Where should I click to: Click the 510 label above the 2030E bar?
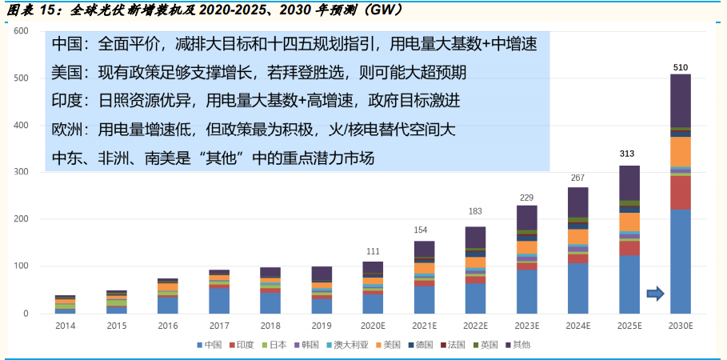click(x=680, y=66)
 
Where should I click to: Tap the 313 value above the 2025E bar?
click(x=629, y=154)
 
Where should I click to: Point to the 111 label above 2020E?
click(x=373, y=250)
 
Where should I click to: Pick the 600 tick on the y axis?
click(x=22, y=31)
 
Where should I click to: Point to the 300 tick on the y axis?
click(x=22, y=172)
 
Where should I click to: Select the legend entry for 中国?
click(x=210, y=345)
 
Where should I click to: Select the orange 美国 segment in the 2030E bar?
click(x=680, y=151)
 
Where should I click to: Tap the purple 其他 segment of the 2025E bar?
click(x=629, y=183)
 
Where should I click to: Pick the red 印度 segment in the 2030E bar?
click(x=680, y=192)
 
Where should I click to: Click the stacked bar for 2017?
click(x=219, y=291)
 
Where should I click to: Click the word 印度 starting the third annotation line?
click(x=67, y=101)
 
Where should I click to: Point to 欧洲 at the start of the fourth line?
click(x=67, y=130)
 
